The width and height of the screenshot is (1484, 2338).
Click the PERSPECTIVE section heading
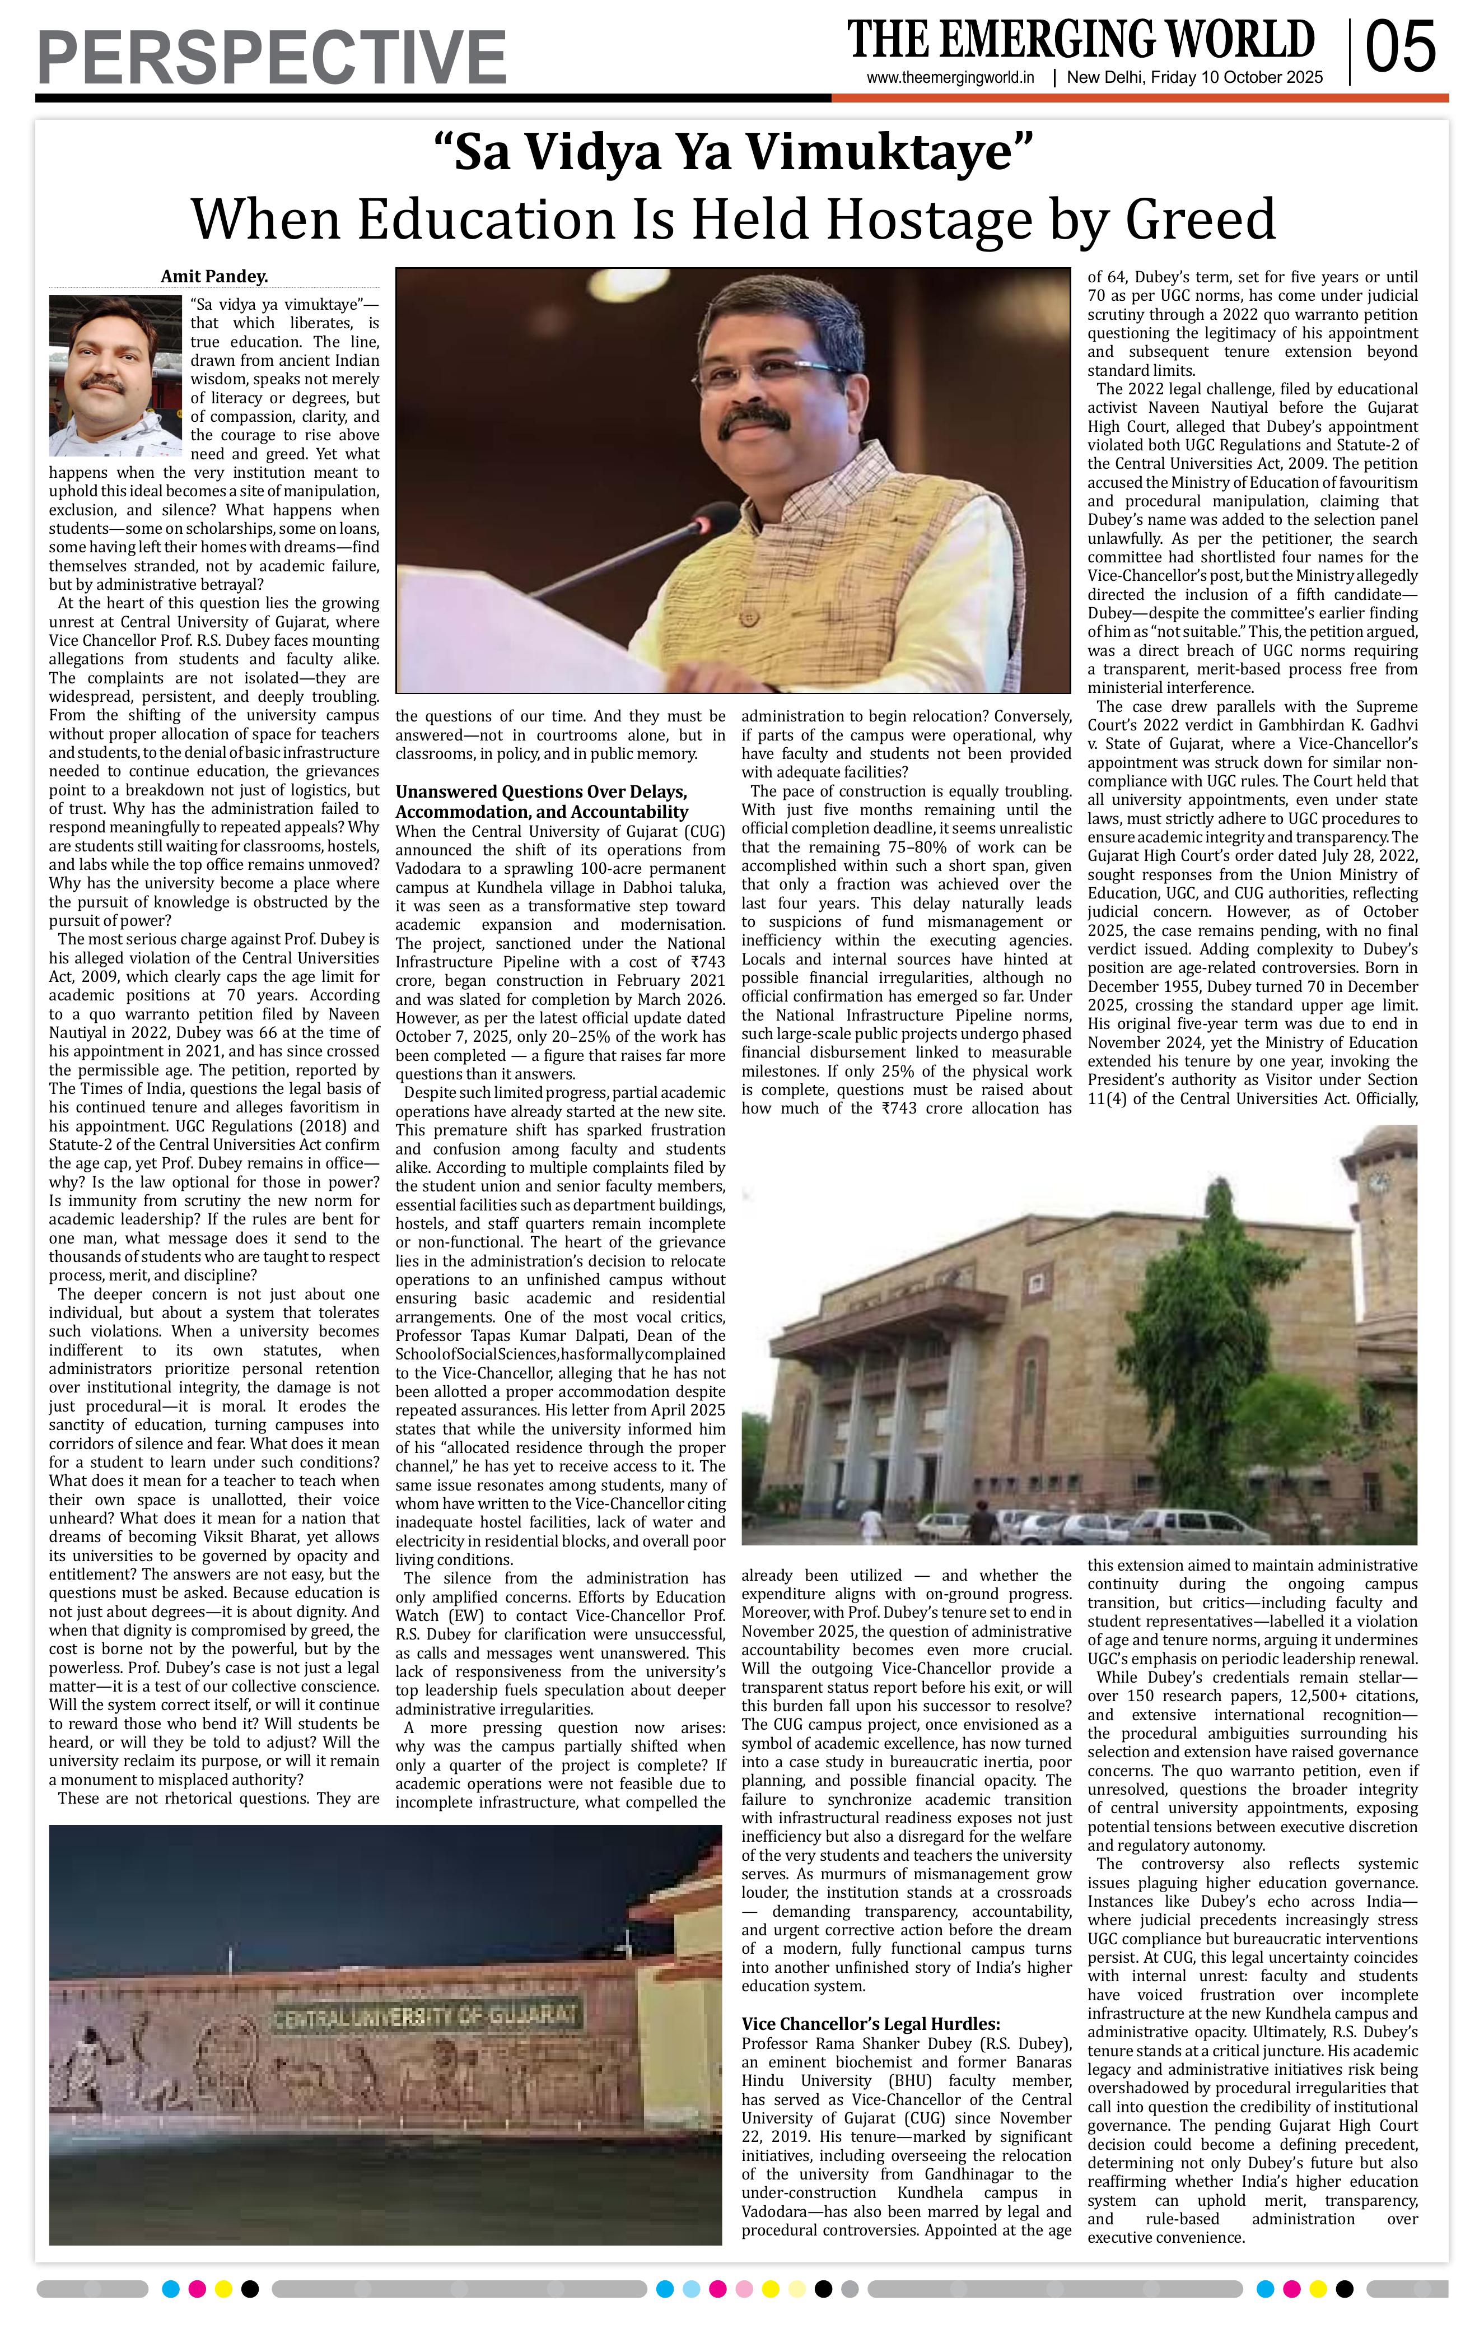pos(272,57)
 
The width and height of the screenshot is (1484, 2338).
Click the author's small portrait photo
pos(115,376)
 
